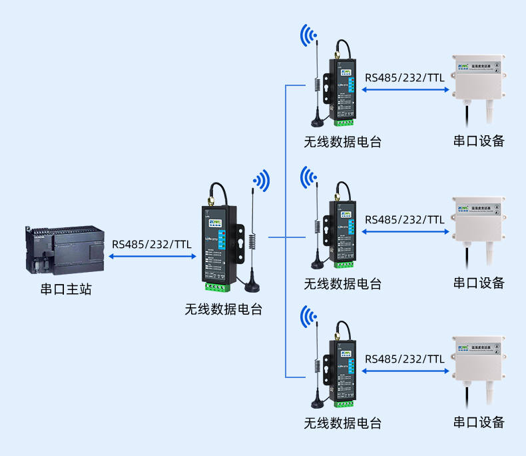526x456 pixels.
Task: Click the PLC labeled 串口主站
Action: click(x=65, y=250)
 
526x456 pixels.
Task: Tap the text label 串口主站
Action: click(x=65, y=289)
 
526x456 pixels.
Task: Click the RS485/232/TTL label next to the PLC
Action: click(x=152, y=244)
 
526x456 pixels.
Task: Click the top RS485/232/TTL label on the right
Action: click(x=404, y=77)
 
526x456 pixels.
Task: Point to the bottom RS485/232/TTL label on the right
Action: click(x=404, y=359)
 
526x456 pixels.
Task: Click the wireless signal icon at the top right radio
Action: click(x=308, y=35)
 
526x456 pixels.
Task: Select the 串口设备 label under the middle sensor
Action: click(x=479, y=283)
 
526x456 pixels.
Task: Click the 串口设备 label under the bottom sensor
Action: click(x=479, y=423)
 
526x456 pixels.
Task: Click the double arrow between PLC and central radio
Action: click(x=152, y=255)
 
